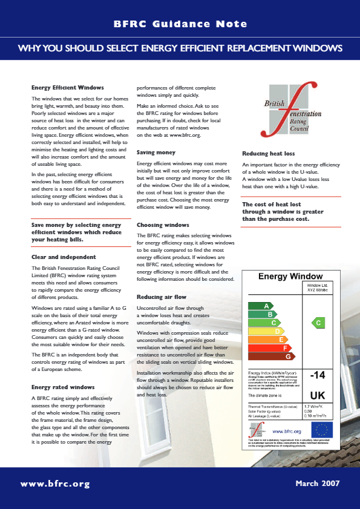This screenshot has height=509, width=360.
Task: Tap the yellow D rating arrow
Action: tap(266, 331)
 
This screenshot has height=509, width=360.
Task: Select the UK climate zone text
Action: tap(319, 395)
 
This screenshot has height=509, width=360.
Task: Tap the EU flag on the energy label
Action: tap(322, 430)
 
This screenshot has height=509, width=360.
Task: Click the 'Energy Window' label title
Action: tap(290, 277)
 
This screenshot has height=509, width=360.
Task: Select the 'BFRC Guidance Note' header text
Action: tap(180, 24)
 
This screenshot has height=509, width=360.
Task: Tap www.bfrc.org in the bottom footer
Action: tap(55, 484)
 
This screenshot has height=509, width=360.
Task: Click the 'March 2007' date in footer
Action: tap(318, 484)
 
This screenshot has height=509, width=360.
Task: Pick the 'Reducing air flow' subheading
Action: tap(162, 297)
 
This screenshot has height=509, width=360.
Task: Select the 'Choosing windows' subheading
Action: tap(162, 225)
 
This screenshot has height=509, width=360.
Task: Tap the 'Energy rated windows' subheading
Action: tap(62, 387)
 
